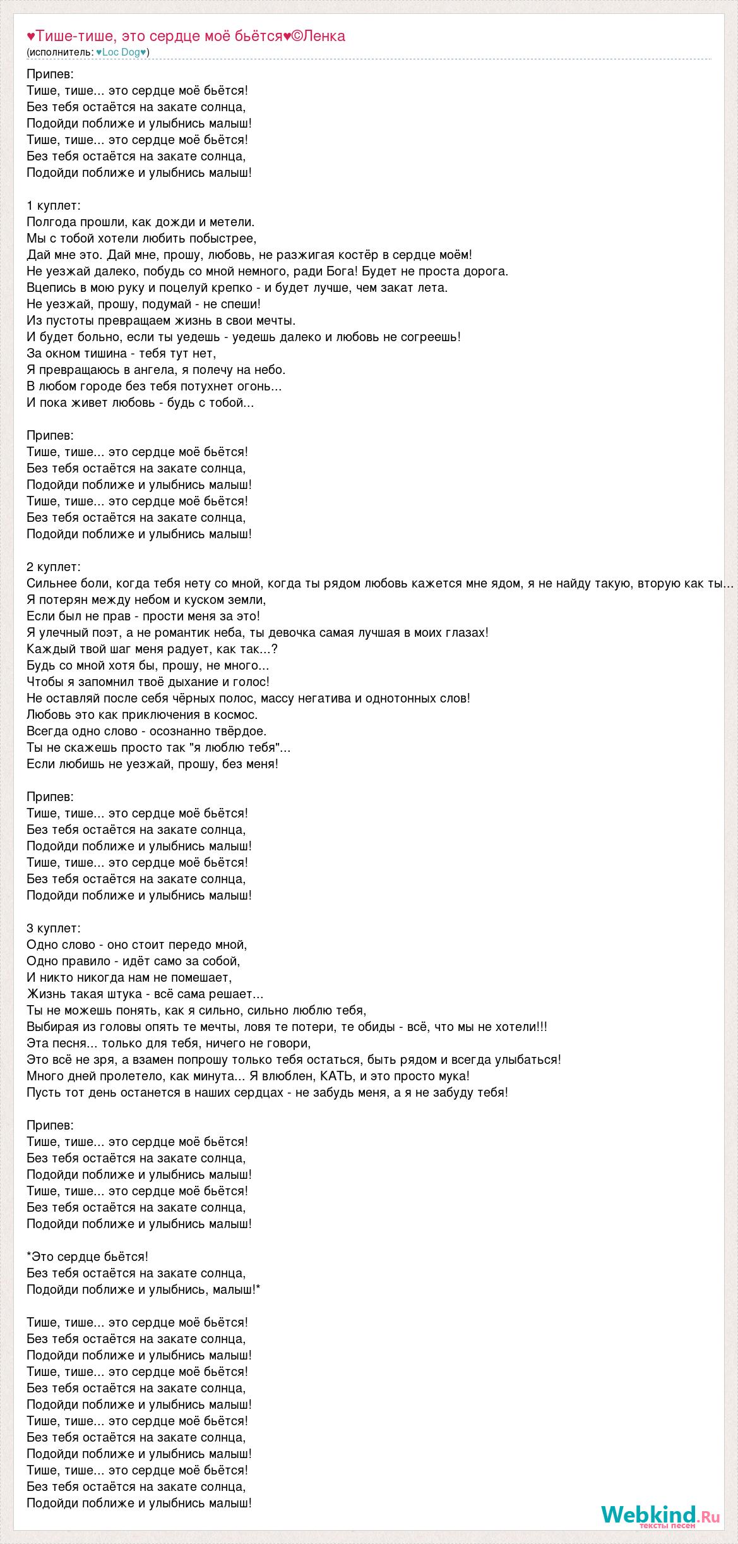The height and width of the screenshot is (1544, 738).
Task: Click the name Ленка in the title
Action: pyautogui.click(x=324, y=36)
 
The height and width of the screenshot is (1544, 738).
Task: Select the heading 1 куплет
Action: pyautogui.click(x=54, y=205)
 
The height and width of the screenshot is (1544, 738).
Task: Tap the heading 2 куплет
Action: pyautogui.click(x=54, y=567)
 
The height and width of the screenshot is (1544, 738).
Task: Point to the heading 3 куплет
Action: pyautogui.click(x=54, y=928)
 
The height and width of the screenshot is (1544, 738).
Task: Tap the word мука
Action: pyautogui.click(x=453, y=1076)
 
